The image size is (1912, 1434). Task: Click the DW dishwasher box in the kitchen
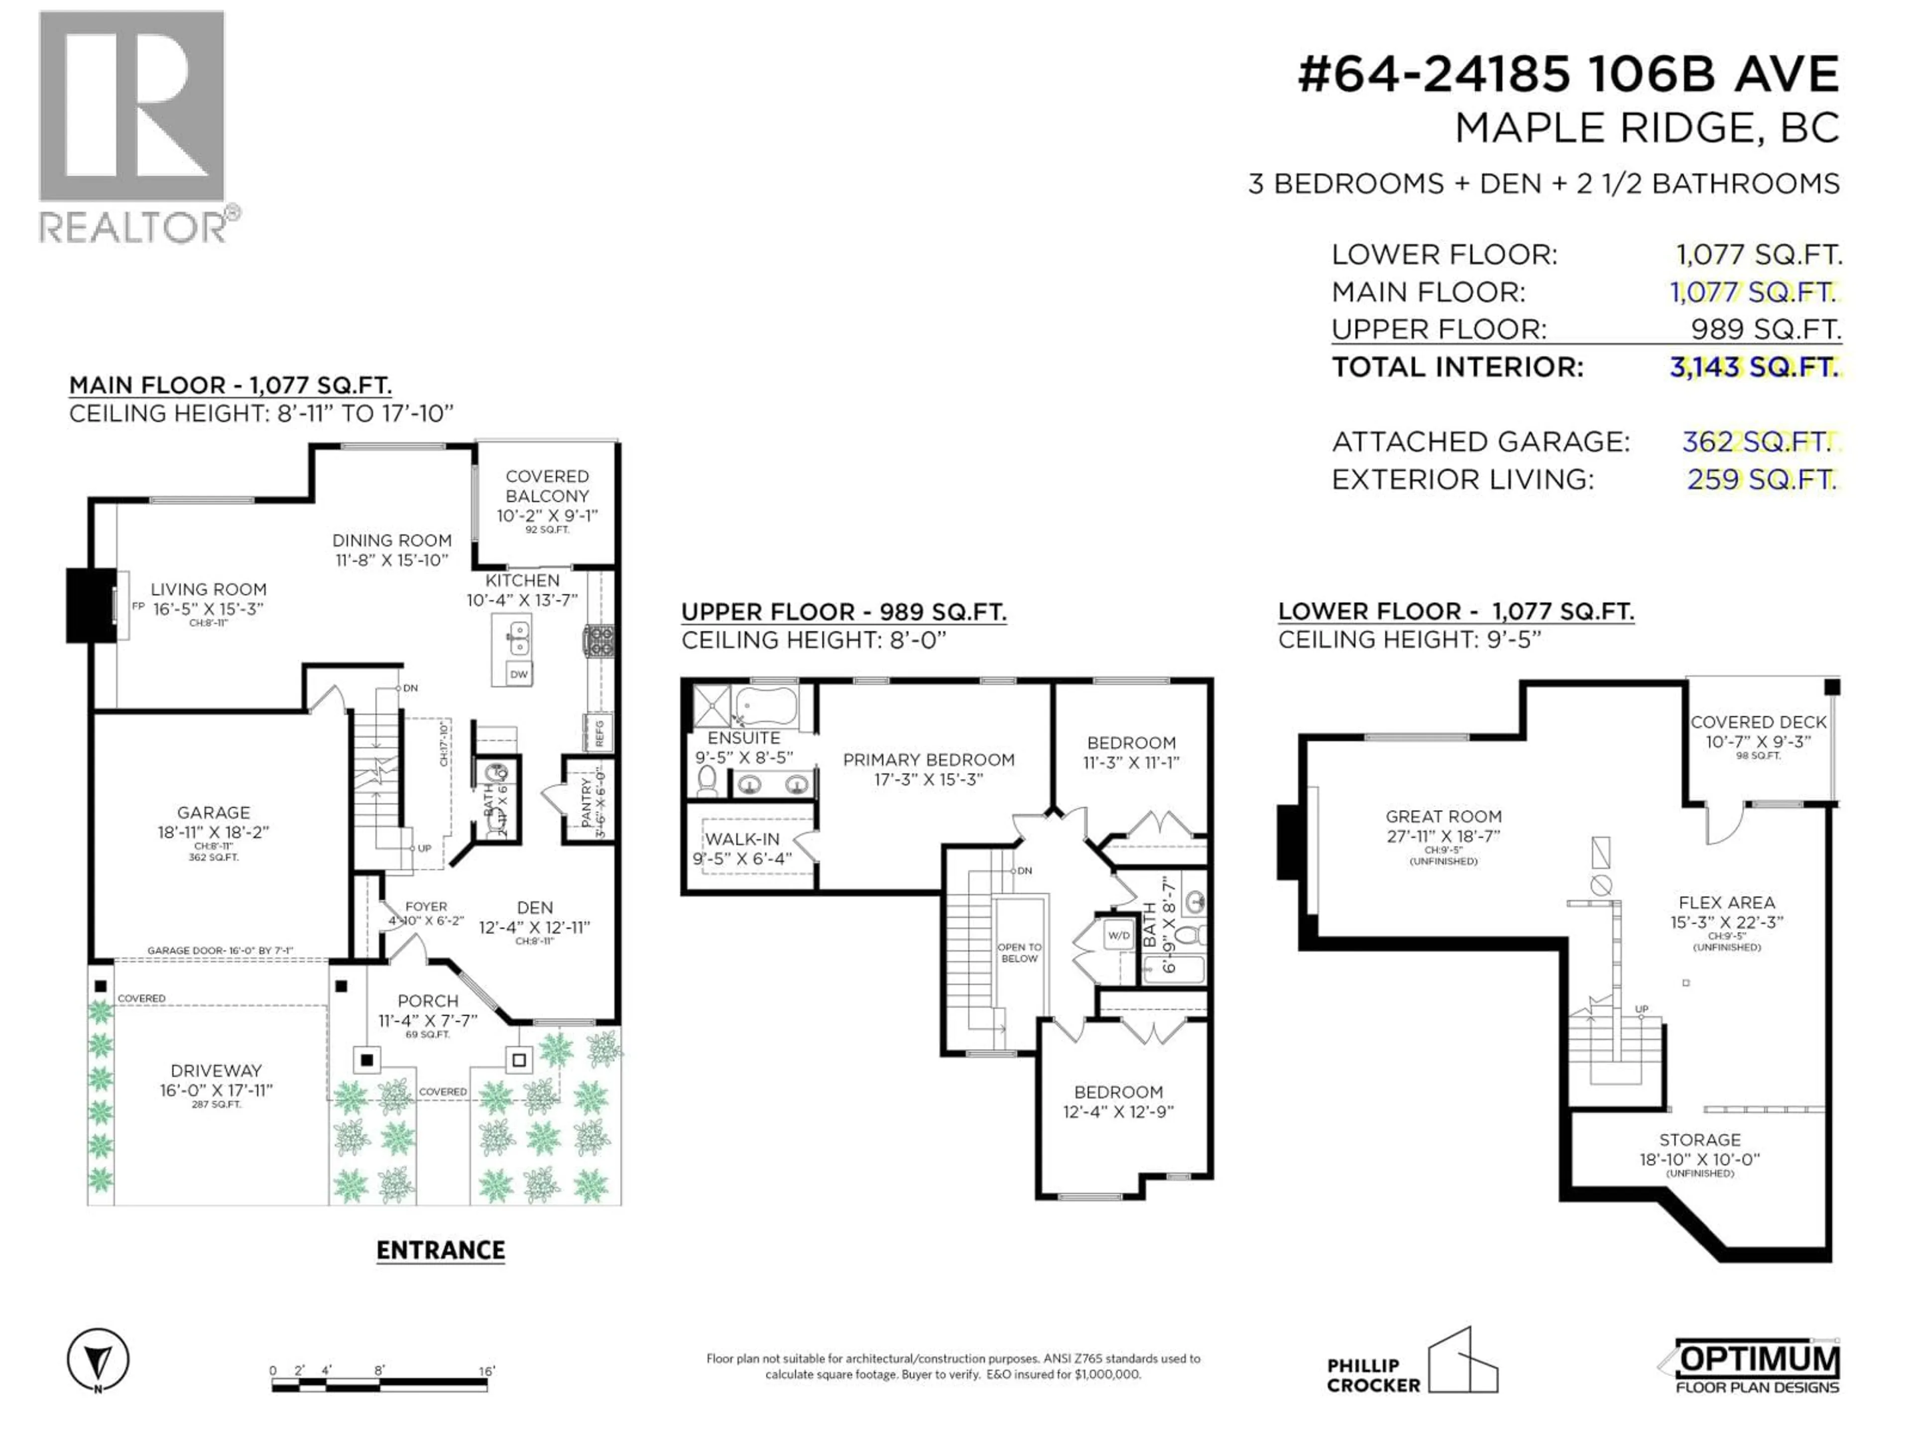pyautogui.click(x=519, y=674)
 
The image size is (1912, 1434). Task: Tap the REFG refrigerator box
pyautogui.click(x=599, y=732)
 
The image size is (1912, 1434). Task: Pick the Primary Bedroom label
pyautogui.click(x=928, y=760)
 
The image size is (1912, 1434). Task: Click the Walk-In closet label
pyautogui.click(x=741, y=839)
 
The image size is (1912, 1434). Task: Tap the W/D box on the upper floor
pyautogui.click(x=1118, y=935)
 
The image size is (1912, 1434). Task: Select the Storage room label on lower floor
pyautogui.click(x=1699, y=1140)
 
